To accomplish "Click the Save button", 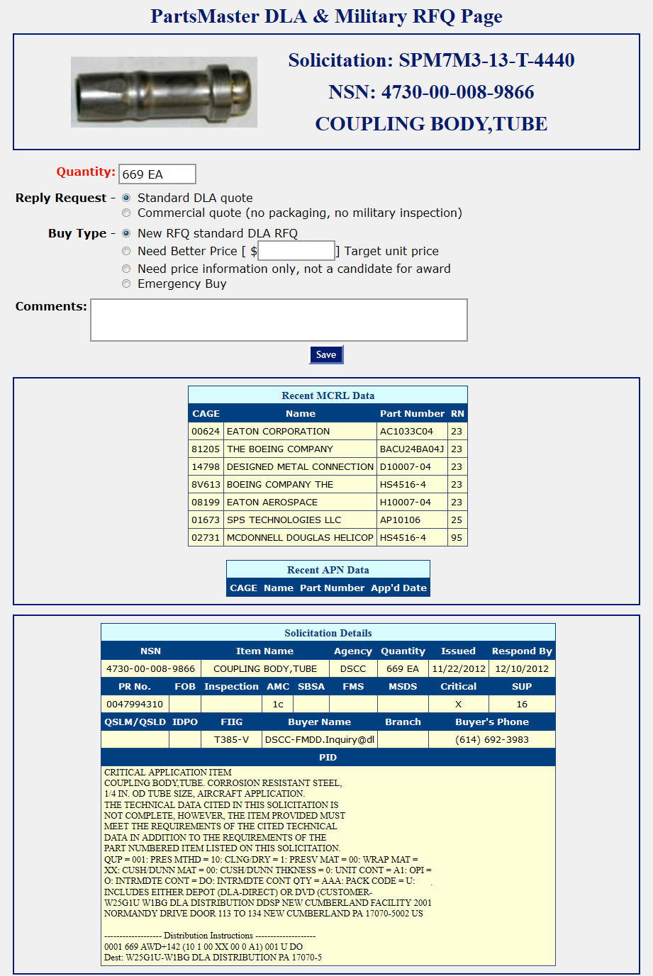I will pos(326,354).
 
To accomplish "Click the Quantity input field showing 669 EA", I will pos(157,174).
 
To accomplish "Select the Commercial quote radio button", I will pos(126,213).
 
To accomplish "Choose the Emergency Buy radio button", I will pos(126,284).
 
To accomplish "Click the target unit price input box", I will pos(296,251).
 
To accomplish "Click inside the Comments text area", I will pos(279,320).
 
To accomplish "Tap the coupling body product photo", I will pos(164,92).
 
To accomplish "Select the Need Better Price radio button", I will pos(126,251).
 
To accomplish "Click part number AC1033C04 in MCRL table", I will pos(406,431).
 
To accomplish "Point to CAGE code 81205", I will pos(206,449).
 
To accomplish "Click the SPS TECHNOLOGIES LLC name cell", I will pos(284,520).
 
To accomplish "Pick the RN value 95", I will pos(457,537).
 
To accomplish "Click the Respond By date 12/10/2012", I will pos(522,668).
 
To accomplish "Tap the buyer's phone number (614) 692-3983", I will pos(492,739).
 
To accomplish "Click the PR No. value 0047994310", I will pos(135,704).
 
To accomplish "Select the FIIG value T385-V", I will pos(231,739).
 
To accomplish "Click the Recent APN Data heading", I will pos(328,570).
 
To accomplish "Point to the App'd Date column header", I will pos(398,588).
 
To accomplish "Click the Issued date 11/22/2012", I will pos(459,668).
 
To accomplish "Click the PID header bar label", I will pos(328,757).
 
